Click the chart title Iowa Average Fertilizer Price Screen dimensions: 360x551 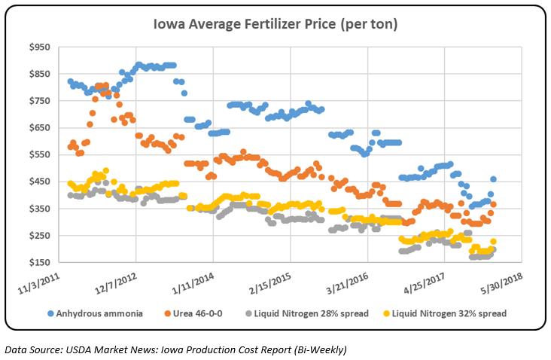coord(276,26)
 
